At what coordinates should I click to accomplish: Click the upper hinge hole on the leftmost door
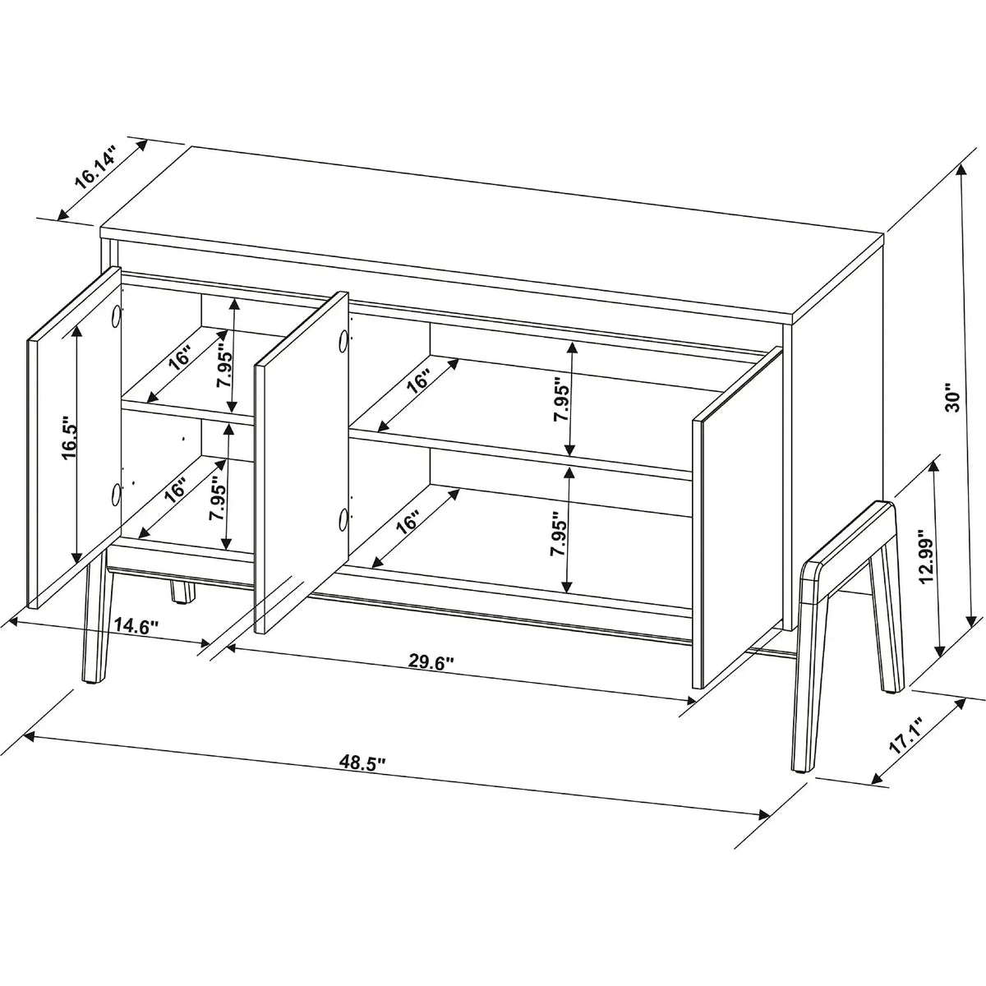click(x=116, y=316)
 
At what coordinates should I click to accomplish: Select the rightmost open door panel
click(x=738, y=518)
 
